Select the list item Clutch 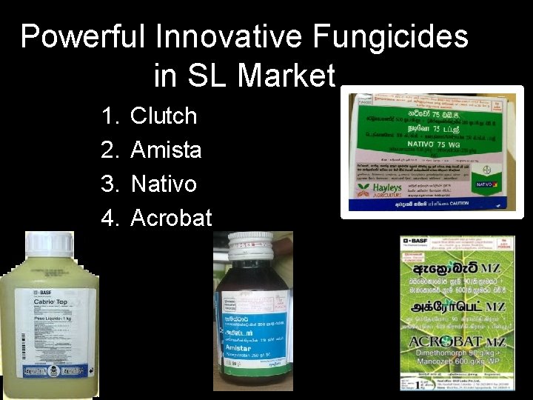tap(164, 116)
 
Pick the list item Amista tap(166, 150)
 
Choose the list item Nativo tap(164, 183)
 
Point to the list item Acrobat tap(171, 218)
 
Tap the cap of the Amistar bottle tap(250, 247)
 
